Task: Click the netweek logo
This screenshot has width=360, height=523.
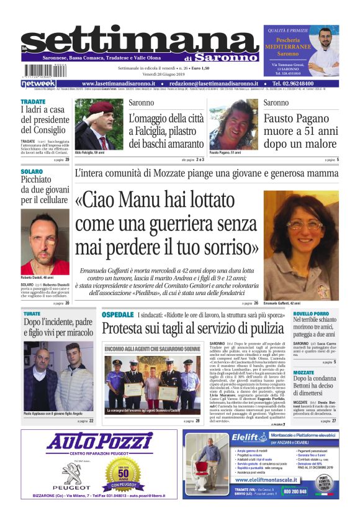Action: (x=38, y=83)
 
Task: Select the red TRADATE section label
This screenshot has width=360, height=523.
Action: (x=32, y=101)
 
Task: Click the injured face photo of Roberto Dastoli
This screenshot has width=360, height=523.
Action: (x=45, y=233)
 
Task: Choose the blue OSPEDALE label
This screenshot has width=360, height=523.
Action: (x=118, y=315)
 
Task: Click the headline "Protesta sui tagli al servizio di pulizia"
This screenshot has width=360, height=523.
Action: (x=192, y=329)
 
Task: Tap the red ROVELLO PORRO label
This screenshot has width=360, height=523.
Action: (x=311, y=314)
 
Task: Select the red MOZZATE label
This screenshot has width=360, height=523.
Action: (x=304, y=373)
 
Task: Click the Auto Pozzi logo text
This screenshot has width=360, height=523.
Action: (x=100, y=442)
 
